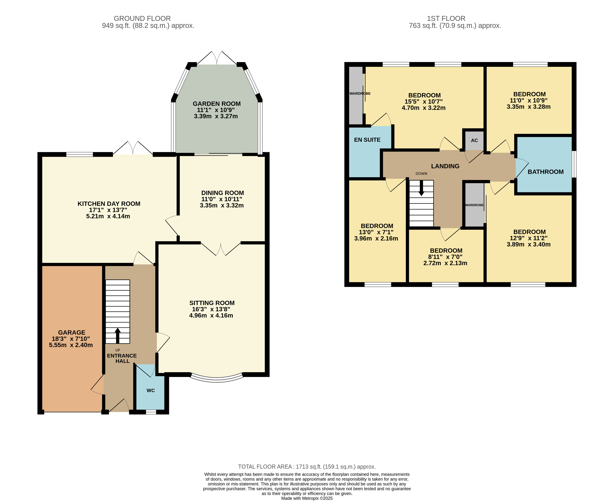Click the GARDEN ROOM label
pyautogui.click(x=217, y=104)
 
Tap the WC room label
pyautogui.click(x=150, y=390)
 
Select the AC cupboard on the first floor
pyautogui.click(x=474, y=140)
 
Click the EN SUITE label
pyautogui.click(x=367, y=140)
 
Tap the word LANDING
pyautogui.click(x=445, y=166)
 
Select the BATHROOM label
pyautogui.click(x=545, y=172)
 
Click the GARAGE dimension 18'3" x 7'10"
pyautogui.click(x=71, y=339)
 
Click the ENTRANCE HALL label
pyautogui.click(x=122, y=358)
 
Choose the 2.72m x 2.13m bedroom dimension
pyautogui.click(x=445, y=263)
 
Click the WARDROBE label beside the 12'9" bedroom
pyautogui.click(x=474, y=205)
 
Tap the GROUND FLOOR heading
pyautogui.click(x=142, y=18)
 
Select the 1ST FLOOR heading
pyautogui.click(x=446, y=18)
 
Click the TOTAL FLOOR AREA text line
pyautogui.click(x=307, y=467)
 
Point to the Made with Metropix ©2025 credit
pyautogui.click(x=307, y=498)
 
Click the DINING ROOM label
pyautogui.click(x=223, y=193)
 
